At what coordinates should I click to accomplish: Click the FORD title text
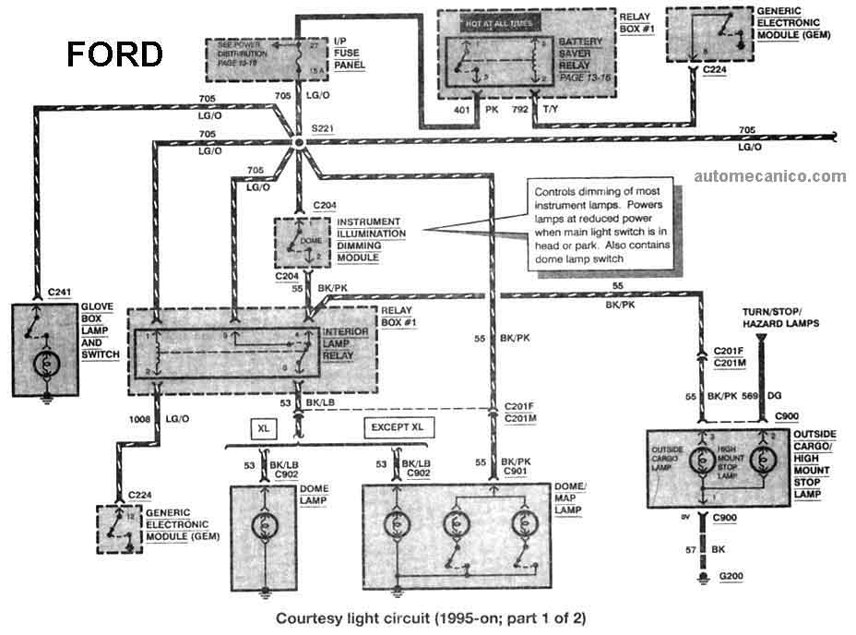point(114,54)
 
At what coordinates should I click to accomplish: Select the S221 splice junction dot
point(299,145)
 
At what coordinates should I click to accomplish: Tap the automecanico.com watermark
point(769,176)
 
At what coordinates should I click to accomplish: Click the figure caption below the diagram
point(431,617)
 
